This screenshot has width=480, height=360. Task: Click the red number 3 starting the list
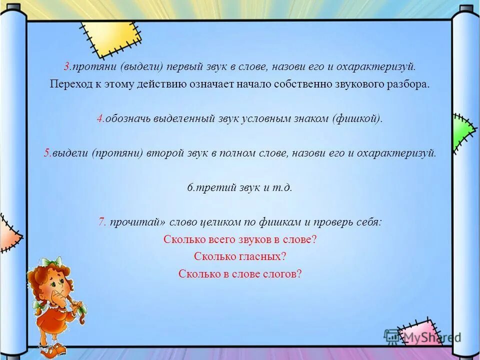coord(66,66)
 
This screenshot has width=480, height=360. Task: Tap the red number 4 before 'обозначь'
coord(100,118)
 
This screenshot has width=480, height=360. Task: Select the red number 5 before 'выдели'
coord(46,153)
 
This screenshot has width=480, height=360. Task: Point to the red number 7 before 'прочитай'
coord(100,222)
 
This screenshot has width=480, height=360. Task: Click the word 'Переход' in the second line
coord(68,83)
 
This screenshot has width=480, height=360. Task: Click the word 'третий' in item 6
coord(210,187)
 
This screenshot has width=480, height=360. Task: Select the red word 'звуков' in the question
coord(255,239)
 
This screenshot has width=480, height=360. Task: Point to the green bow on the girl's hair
coord(52,262)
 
